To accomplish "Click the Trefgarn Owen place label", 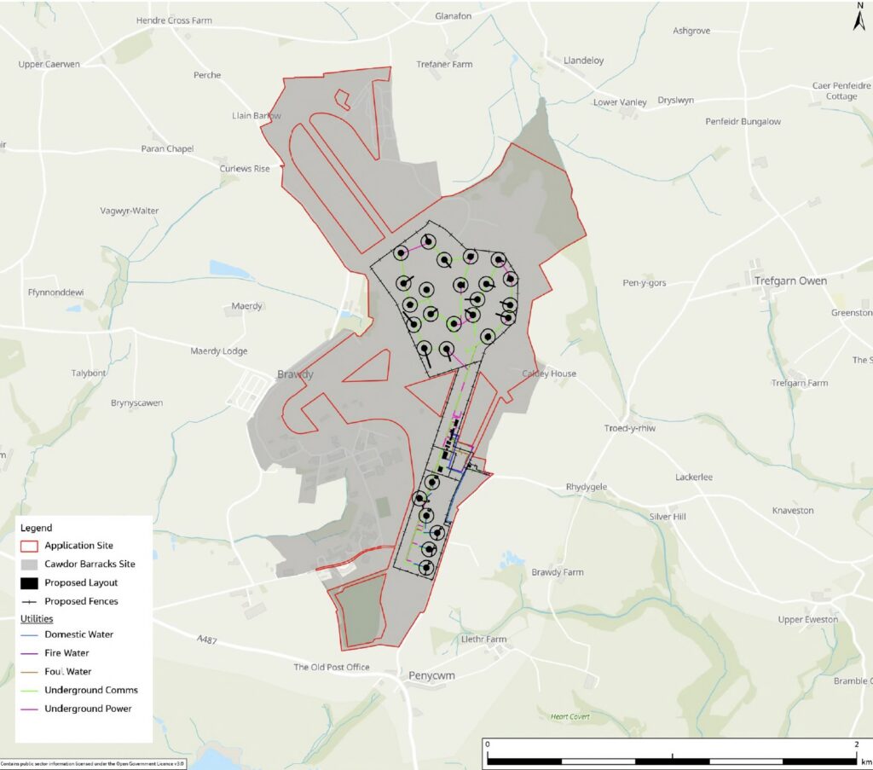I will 789,281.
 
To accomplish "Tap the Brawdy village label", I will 295,374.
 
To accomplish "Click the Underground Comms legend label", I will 91,690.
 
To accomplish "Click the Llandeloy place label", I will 584,61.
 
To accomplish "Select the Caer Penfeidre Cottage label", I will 841,91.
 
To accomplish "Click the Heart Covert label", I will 569,717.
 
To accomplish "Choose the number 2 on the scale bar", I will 855,744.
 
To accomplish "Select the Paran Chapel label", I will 167,149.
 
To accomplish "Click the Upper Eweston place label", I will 807,619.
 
